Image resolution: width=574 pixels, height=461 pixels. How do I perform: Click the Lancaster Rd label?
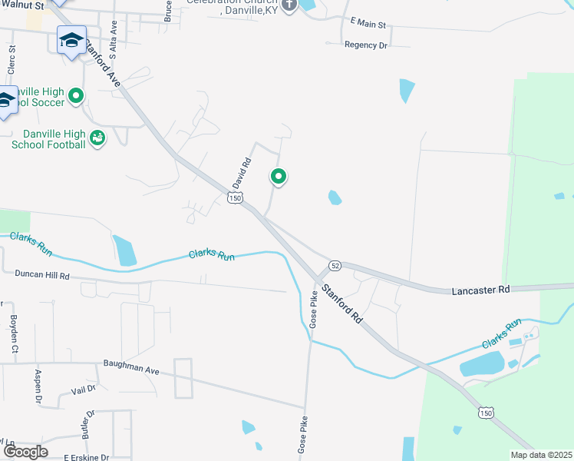(x=481, y=290)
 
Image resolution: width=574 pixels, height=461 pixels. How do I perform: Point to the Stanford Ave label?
(x=102, y=56)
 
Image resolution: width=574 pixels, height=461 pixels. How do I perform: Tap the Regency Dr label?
(x=366, y=45)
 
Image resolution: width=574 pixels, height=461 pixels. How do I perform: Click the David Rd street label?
(x=242, y=174)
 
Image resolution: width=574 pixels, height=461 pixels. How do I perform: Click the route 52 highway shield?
(x=335, y=265)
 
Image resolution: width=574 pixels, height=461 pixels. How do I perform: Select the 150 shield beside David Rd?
(x=235, y=198)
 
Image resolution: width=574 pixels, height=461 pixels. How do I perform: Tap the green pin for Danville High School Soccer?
(x=75, y=96)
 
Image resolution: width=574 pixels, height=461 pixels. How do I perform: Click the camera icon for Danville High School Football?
(x=97, y=138)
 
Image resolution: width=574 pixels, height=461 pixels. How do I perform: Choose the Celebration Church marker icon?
(x=289, y=6)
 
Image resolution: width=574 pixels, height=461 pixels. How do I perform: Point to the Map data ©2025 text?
(x=541, y=455)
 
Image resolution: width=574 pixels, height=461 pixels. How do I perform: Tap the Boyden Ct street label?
(x=14, y=333)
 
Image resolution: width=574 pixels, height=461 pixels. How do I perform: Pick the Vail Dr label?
(x=82, y=389)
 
